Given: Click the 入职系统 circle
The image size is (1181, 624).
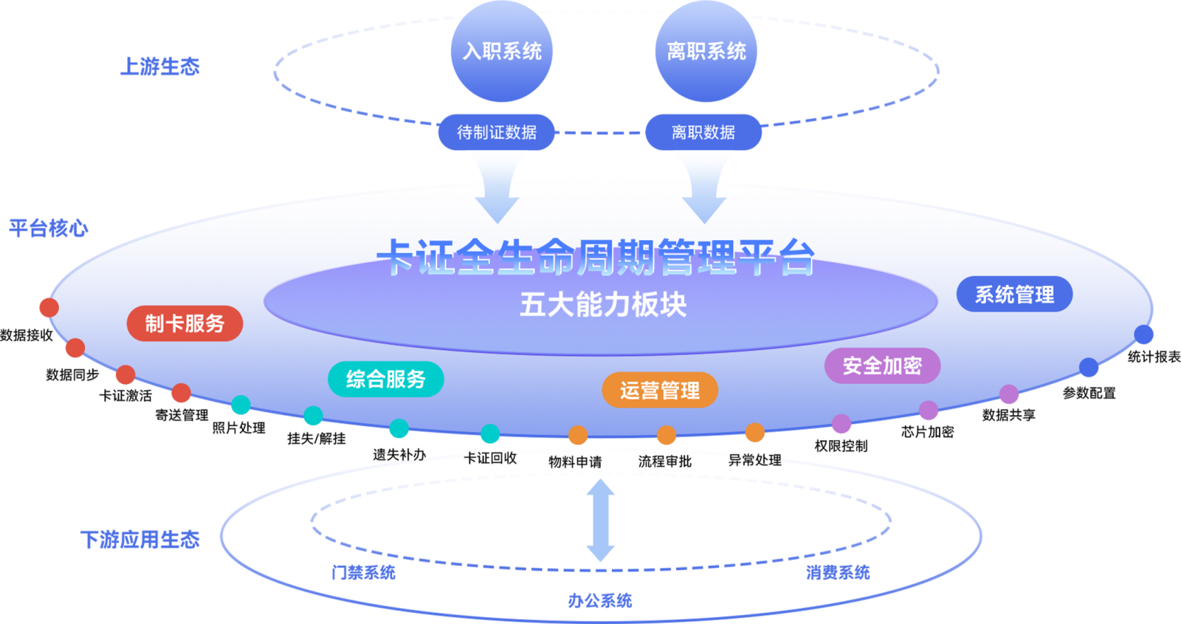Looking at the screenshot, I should [502, 52].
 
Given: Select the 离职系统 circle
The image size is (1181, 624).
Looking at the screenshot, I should [706, 52].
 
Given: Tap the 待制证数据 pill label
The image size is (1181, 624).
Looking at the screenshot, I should [496, 132].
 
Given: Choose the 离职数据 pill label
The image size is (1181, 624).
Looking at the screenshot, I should [703, 132].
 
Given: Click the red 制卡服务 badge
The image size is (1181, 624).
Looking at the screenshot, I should [185, 323].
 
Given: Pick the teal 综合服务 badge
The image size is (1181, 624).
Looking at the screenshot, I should [385, 380].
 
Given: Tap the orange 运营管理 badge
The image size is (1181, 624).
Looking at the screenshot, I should [660, 390].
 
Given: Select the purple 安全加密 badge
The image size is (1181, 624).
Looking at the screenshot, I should [882, 366].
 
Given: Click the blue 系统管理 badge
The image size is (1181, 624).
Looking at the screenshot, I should [1014, 295].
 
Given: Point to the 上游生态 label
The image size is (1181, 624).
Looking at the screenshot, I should [160, 66].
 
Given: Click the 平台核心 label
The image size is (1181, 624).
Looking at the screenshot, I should [49, 228].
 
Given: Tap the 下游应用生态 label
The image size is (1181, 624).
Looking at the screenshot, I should [140, 540].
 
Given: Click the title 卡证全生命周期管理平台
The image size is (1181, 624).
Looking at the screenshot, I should [596, 258].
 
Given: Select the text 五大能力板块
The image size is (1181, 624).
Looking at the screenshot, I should [603, 304].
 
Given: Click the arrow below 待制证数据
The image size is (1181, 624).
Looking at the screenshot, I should [497, 188].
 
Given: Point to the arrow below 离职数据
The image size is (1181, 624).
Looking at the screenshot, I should [704, 188].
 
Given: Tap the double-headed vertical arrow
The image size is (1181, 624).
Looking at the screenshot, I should [601, 520].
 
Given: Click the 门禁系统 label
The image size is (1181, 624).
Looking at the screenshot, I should [363, 572].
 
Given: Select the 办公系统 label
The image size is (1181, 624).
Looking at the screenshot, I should [600, 600].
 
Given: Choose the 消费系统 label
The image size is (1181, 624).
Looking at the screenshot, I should [838, 572].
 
